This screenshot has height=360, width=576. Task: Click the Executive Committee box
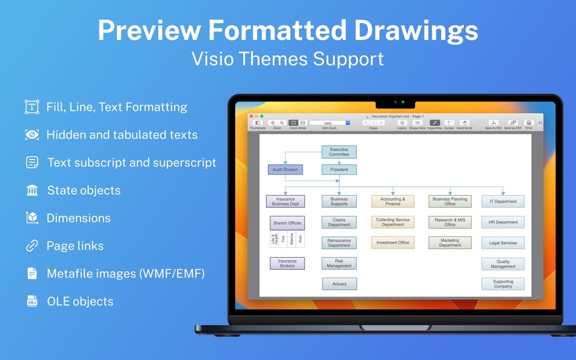pyautogui.click(x=339, y=152)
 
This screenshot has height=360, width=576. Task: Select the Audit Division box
pyautogui.click(x=285, y=170)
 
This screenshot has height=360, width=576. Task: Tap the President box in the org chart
pyautogui.click(x=339, y=170)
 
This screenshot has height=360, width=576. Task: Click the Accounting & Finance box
pyautogui.click(x=392, y=201)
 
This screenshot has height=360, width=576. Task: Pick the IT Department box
pyautogui.click(x=503, y=201)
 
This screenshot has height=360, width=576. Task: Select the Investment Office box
pyautogui.click(x=392, y=242)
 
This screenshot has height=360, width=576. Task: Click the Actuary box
pyautogui.click(x=339, y=284)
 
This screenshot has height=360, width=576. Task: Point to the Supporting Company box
pyautogui.click(x=503, y=284)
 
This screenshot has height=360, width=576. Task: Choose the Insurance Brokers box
pyautogui.click(x=287, y=263)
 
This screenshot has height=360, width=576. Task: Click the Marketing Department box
pyautogui.click(x=450, y=242)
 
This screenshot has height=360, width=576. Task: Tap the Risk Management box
pyautogui.click(x=339, y=263)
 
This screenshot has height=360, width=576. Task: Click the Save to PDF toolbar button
pyautogui.click(x=494, y=123)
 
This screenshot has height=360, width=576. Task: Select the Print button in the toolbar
pyautogui.click(x=529, y=123)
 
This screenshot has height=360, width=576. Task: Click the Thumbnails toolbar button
pyautogui.click(x=258, y=123)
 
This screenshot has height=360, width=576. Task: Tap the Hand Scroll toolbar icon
pyautogui.click(x=464, y=123)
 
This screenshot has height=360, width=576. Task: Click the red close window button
pyautogui.click(x=252, y=116)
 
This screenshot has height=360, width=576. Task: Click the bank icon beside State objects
pyautogui.click(x=32, y=190)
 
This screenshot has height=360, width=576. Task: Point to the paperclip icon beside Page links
pyautogui.click(x=32, y=246)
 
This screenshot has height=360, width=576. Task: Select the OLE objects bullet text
pyautogui.click(x=80, y=301)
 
